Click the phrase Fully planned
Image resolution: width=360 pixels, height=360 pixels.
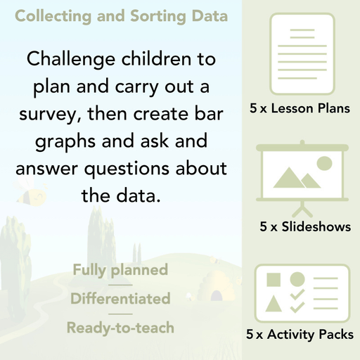120,269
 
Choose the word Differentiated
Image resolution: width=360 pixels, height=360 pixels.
120,298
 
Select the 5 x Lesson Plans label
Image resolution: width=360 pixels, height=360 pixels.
300,109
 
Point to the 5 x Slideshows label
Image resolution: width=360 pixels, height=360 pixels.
305,226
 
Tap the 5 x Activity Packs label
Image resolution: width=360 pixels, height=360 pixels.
300,335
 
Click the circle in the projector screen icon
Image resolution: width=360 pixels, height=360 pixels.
324,164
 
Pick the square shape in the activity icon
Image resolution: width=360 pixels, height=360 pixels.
274,279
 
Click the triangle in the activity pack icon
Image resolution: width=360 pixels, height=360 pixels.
274,304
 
